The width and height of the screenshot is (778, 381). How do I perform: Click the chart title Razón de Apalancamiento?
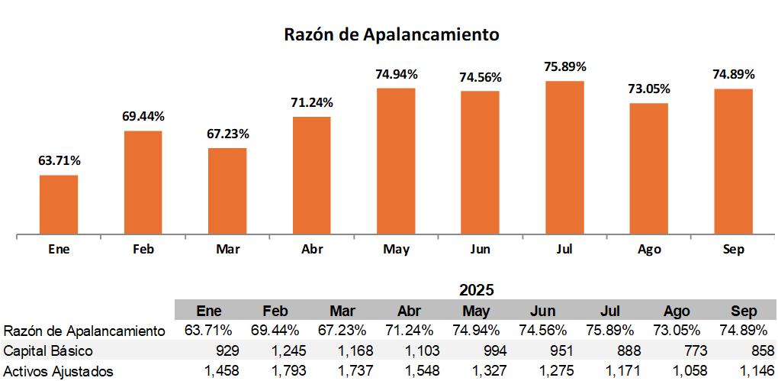point(391,35)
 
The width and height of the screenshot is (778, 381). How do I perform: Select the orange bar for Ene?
point(59,205)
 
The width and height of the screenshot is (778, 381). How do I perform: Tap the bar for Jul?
point(564,158)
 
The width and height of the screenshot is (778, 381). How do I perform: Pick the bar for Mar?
point(227,192)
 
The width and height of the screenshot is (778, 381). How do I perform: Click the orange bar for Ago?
point(648,169)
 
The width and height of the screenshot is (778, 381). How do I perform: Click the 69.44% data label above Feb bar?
point(143,117)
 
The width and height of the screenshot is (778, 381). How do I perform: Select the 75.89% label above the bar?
point(565,67)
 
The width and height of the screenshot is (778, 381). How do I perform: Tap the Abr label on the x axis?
point(311,250)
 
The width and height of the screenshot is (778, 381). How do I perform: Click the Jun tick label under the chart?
point(481,250)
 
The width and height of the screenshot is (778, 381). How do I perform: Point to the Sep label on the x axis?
point(733,250)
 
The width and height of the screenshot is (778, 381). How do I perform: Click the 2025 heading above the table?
point(477,290)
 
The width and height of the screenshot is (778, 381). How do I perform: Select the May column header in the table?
point(477,312)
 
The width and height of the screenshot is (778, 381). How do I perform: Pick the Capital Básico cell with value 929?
point(227,351)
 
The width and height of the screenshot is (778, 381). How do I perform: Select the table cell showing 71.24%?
point(412,331)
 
